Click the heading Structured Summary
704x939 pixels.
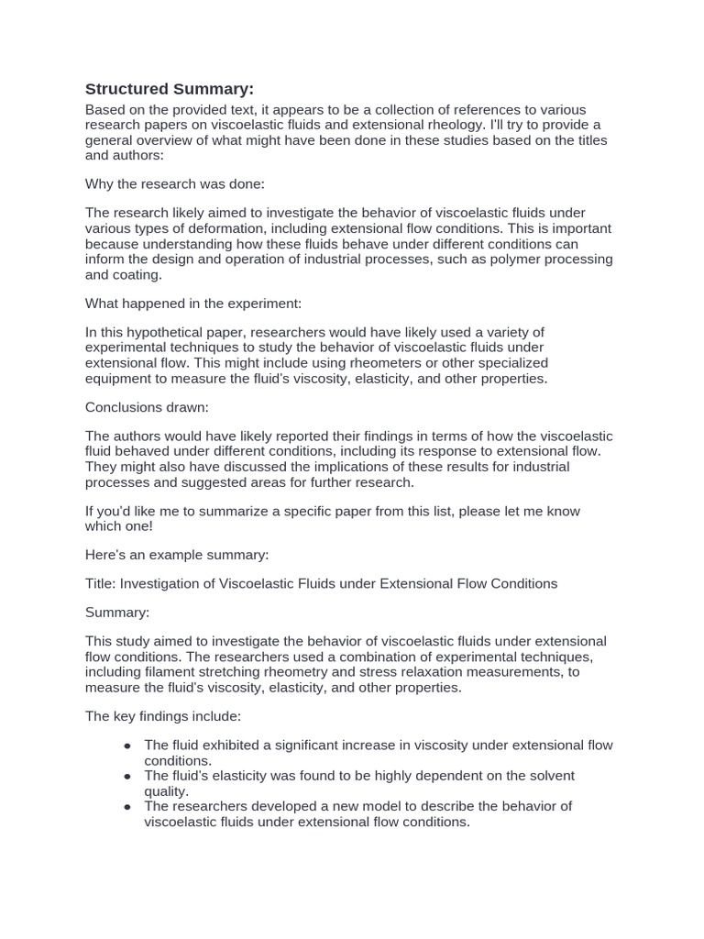(x=169, y=89)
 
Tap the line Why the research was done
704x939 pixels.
(x=174, y=184)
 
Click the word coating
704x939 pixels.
(x=137, y=274)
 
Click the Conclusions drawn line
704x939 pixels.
(x=147, y=407)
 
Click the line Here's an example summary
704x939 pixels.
(x=177, y=555)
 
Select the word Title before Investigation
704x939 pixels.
(x=101, y=584)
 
